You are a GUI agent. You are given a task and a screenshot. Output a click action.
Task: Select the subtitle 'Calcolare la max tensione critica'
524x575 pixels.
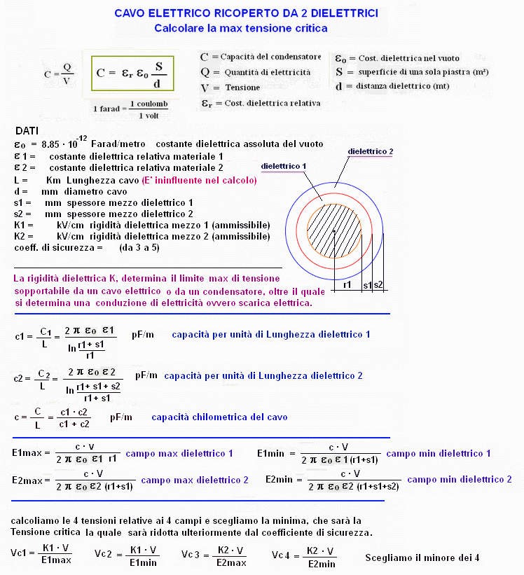(241, 28)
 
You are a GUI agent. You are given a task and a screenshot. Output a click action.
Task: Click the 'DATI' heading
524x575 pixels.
(27, 132)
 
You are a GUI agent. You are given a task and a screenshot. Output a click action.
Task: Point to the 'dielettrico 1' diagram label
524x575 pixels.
(284, 166)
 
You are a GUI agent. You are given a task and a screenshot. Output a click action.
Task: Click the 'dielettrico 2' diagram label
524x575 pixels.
(371, 151)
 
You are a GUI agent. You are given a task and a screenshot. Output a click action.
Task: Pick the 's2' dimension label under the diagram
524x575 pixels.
(378, 285)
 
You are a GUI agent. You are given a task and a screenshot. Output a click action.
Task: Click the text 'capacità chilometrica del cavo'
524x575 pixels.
(219, 417)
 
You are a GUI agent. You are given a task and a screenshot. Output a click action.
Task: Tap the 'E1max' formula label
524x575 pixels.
(28, 454)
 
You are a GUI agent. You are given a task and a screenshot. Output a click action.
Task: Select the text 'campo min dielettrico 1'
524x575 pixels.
(438, 454)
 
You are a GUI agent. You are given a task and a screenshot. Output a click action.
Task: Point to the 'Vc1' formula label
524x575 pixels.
(20, 553)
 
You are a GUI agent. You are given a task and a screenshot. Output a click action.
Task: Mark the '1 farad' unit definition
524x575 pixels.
(109, 109)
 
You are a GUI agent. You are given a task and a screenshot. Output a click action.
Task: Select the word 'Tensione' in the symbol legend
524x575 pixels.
(242, 88)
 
